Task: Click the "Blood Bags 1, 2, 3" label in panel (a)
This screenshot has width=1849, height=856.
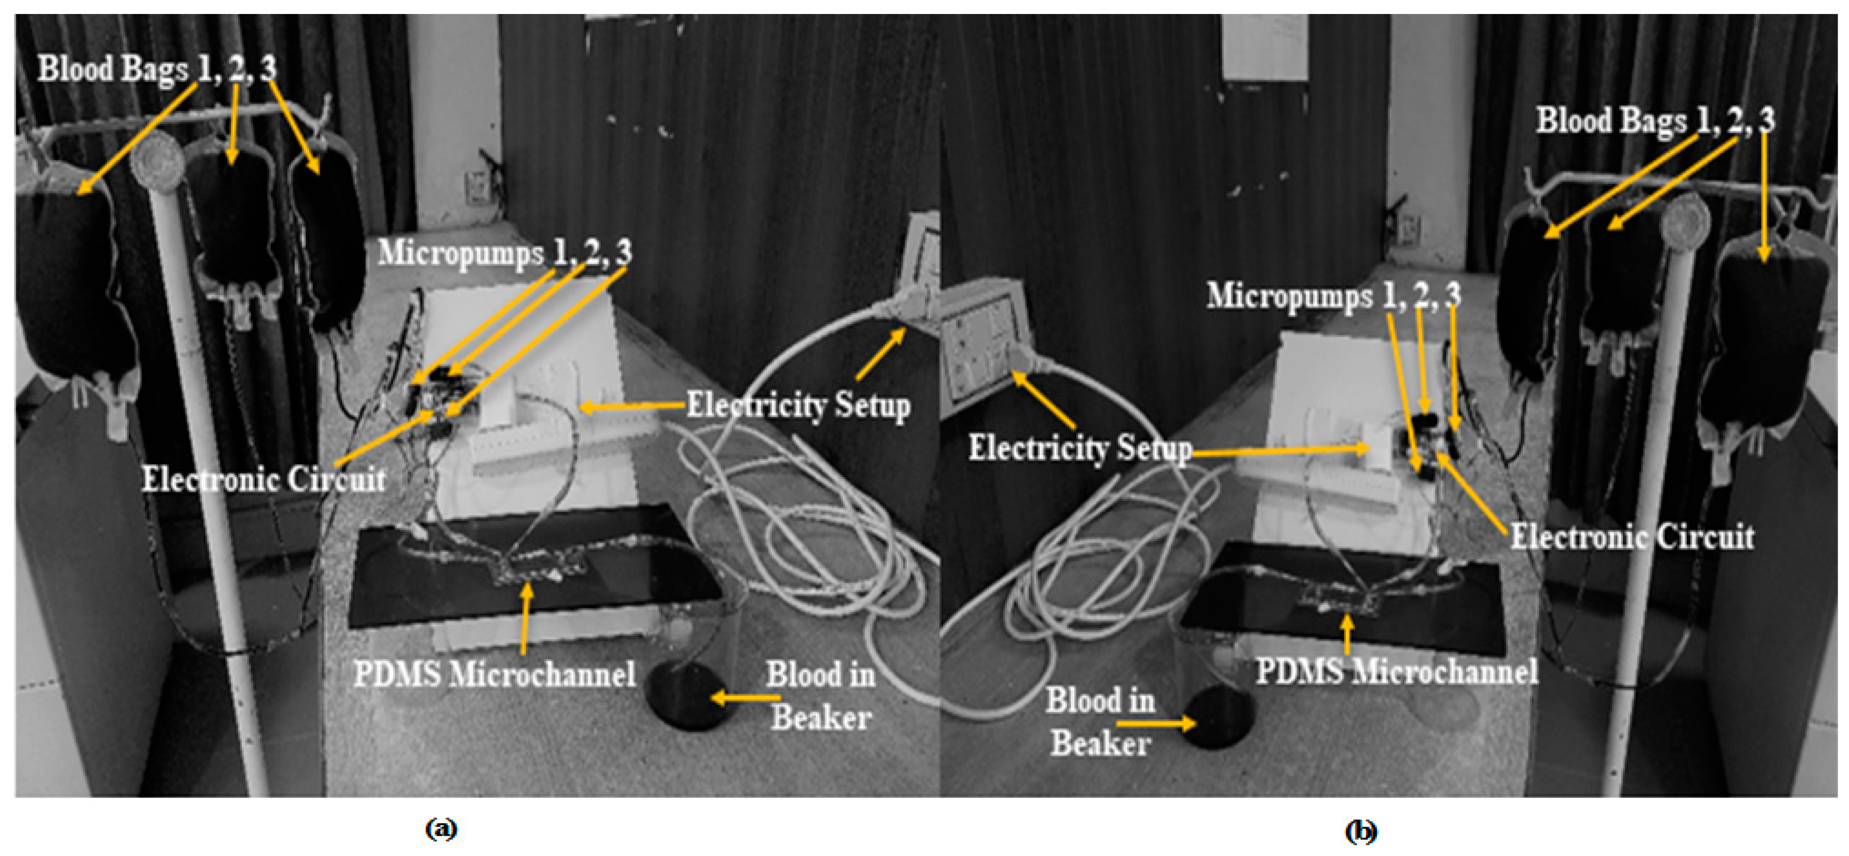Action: [157, 69]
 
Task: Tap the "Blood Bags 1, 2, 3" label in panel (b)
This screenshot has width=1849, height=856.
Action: [1654, 120]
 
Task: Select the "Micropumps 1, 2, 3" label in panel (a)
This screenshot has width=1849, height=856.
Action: [505, 252]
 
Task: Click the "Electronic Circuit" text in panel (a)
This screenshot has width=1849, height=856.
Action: [264, 479]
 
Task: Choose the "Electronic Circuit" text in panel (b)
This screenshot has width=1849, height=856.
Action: [1632, 537]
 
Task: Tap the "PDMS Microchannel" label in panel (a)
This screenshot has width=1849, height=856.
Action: [494, 675]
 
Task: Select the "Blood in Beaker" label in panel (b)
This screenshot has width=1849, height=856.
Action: [1100, 721]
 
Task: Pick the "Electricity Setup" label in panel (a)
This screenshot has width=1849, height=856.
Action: [798, 406]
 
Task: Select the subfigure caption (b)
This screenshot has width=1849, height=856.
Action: [1361, 831]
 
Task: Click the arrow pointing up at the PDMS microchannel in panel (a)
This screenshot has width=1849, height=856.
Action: [528, 617]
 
